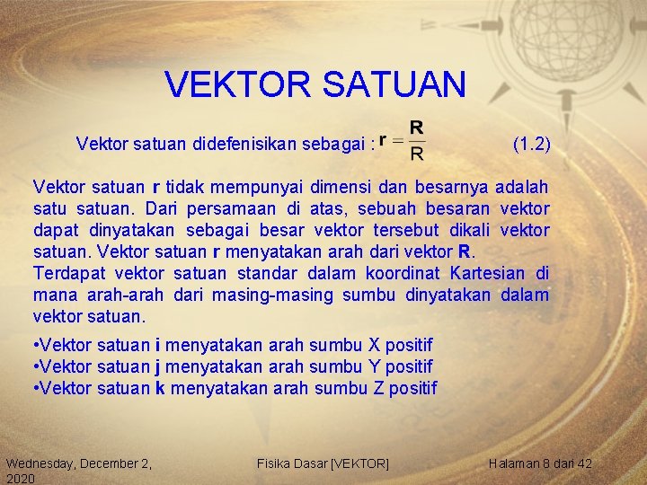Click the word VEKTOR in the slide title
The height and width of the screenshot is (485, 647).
[235, 85]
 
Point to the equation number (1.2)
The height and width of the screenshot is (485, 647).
[531, 143]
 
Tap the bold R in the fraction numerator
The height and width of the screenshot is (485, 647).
[417, 128]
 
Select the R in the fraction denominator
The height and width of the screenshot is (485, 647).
[417, 154]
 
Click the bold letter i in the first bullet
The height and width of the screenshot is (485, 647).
[159, 345]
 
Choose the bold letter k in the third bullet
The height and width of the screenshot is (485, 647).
[160, 388]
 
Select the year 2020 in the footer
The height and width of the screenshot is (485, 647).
[20, 480]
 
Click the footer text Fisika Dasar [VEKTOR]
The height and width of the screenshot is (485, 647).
[323, 463]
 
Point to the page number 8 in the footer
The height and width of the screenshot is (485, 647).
[547, 463]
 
